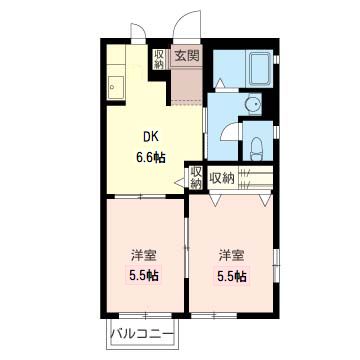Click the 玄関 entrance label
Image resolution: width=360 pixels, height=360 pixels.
pyautogui.click(x=186, y=55)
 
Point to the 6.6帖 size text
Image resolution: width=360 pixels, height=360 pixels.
pyautogui.click(x=150, y=156)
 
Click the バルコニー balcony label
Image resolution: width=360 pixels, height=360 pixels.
pyautogui.click(x=141, y=332)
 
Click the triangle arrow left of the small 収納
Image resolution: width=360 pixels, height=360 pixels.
pyautogui.click(x=180, y=180)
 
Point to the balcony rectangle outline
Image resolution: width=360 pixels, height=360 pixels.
pyautogui.click(x=141, y=344)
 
